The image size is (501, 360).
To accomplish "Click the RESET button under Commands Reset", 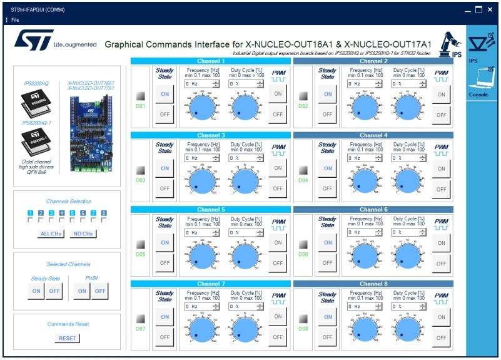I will tap(68, 338).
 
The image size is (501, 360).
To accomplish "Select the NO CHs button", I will tap(83, 234).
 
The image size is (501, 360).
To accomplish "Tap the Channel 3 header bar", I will tap(210, 135).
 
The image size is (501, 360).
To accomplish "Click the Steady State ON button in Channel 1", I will tap(164, 94).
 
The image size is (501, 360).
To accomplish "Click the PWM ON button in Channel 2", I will tap(442, 95).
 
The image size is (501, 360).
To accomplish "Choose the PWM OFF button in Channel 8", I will tap(442, 337).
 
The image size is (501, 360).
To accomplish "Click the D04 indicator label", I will tap(303, 180).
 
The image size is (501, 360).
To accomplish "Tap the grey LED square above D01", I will tap(141, 96).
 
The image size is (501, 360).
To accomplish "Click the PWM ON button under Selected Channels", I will tap(82, 291).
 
